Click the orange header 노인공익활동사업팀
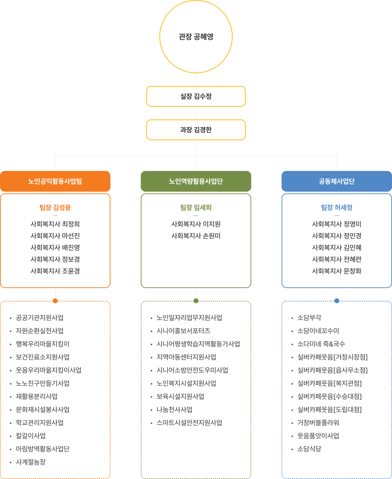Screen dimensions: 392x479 55,181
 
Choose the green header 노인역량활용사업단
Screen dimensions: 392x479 196,181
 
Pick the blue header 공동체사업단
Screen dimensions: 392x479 336,181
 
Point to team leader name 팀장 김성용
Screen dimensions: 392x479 55,207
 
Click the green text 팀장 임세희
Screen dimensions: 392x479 196,207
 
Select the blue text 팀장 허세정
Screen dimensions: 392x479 336,207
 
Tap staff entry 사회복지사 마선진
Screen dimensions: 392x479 55,236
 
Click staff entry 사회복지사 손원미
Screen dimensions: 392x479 196,236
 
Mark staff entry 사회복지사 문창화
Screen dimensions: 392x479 336,271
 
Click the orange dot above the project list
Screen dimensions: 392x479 55,301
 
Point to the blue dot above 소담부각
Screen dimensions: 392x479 337,301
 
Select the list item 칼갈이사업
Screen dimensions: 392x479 31,436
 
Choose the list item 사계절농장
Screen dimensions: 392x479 31,462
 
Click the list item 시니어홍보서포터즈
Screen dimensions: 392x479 183,331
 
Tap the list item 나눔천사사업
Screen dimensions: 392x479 175,410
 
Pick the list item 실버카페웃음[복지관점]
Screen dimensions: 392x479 330,383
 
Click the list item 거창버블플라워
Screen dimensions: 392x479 318,423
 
